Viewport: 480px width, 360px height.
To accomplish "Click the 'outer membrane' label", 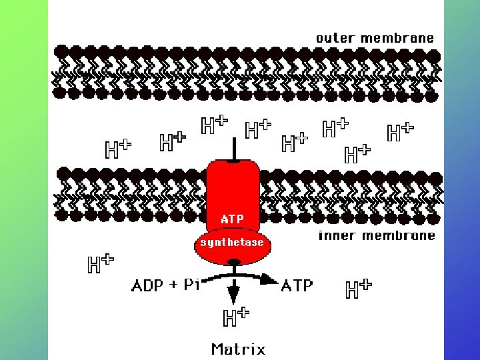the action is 375,38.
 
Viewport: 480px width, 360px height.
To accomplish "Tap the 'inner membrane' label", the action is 377,235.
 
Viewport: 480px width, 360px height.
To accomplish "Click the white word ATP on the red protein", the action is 232,219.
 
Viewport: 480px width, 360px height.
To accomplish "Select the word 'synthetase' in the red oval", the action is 232,243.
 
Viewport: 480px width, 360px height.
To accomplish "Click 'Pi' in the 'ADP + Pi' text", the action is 192,286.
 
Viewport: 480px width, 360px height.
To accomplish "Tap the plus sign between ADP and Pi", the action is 173,287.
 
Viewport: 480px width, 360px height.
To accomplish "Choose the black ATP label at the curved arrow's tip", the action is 297,286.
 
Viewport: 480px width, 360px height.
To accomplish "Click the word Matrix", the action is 238,349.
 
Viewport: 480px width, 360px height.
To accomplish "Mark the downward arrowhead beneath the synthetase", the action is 234,293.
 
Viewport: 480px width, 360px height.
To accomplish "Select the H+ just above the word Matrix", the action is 236,317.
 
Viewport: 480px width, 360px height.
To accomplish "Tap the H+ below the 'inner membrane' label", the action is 358,288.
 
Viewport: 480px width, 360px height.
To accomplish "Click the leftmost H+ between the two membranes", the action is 118,149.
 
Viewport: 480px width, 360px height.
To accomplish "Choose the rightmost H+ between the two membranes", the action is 400,131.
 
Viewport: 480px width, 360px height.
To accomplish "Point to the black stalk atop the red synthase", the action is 233,149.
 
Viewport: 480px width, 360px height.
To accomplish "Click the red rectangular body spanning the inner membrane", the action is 232,190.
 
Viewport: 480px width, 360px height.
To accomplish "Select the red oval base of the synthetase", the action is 232,247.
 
